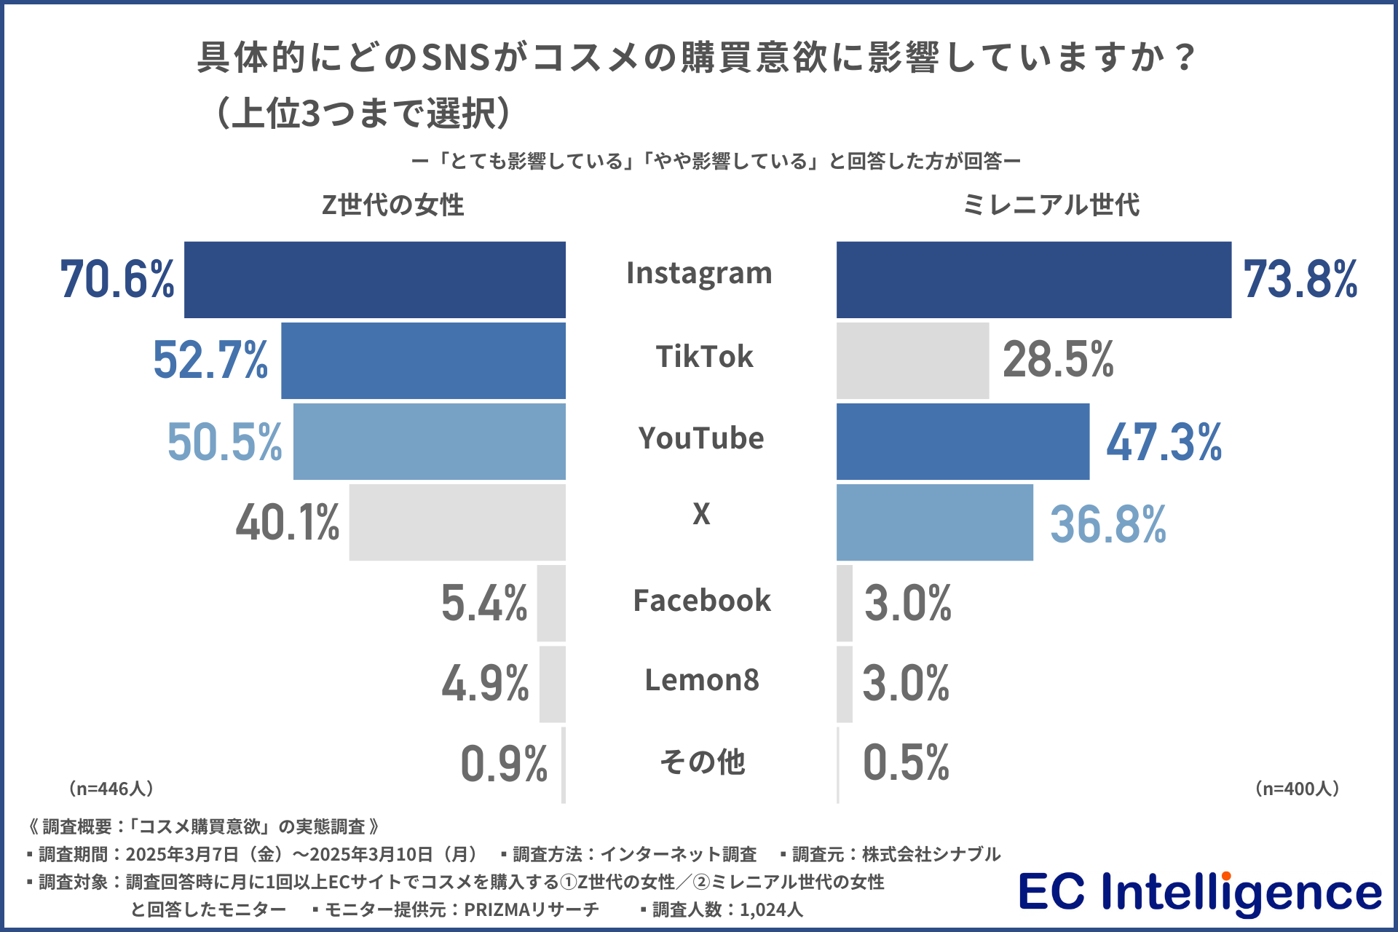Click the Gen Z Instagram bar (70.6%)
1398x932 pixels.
coord(375,280)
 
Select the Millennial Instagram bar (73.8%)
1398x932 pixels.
coord(1034,280)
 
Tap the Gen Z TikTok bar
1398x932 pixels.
coord(423,360)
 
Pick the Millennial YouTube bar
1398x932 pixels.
coord(963,441)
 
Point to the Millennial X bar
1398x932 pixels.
coord(934,522)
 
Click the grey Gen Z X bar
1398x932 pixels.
coord(457,522)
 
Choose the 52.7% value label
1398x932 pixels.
coord(210,360)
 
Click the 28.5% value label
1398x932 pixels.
coord(1058,360)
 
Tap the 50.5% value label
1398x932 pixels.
coord(224,442)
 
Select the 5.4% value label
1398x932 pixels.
coord(484,604)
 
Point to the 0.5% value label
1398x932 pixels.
coord(906,763)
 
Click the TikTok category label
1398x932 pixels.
coord(704,357)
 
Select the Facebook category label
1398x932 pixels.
coord(702,601)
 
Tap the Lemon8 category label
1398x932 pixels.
coord(702,681)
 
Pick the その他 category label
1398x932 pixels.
coord(703,762)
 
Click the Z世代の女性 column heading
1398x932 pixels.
coord(392,205)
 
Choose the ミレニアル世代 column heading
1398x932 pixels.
coord(1051,205)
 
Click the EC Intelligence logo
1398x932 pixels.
coord(1199,893)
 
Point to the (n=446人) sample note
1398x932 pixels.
coord(111,789)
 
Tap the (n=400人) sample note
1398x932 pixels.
coord(1297,789)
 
